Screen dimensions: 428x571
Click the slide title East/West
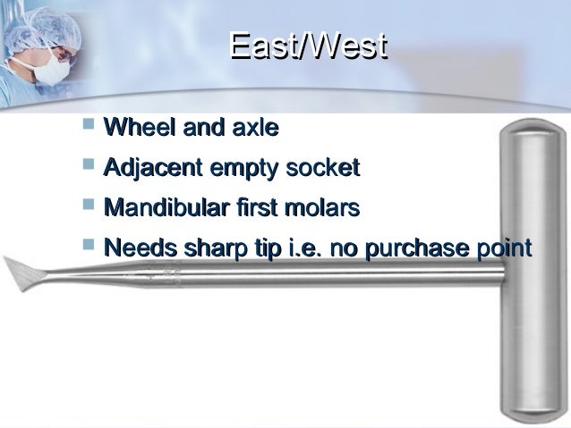pos(307,46)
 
